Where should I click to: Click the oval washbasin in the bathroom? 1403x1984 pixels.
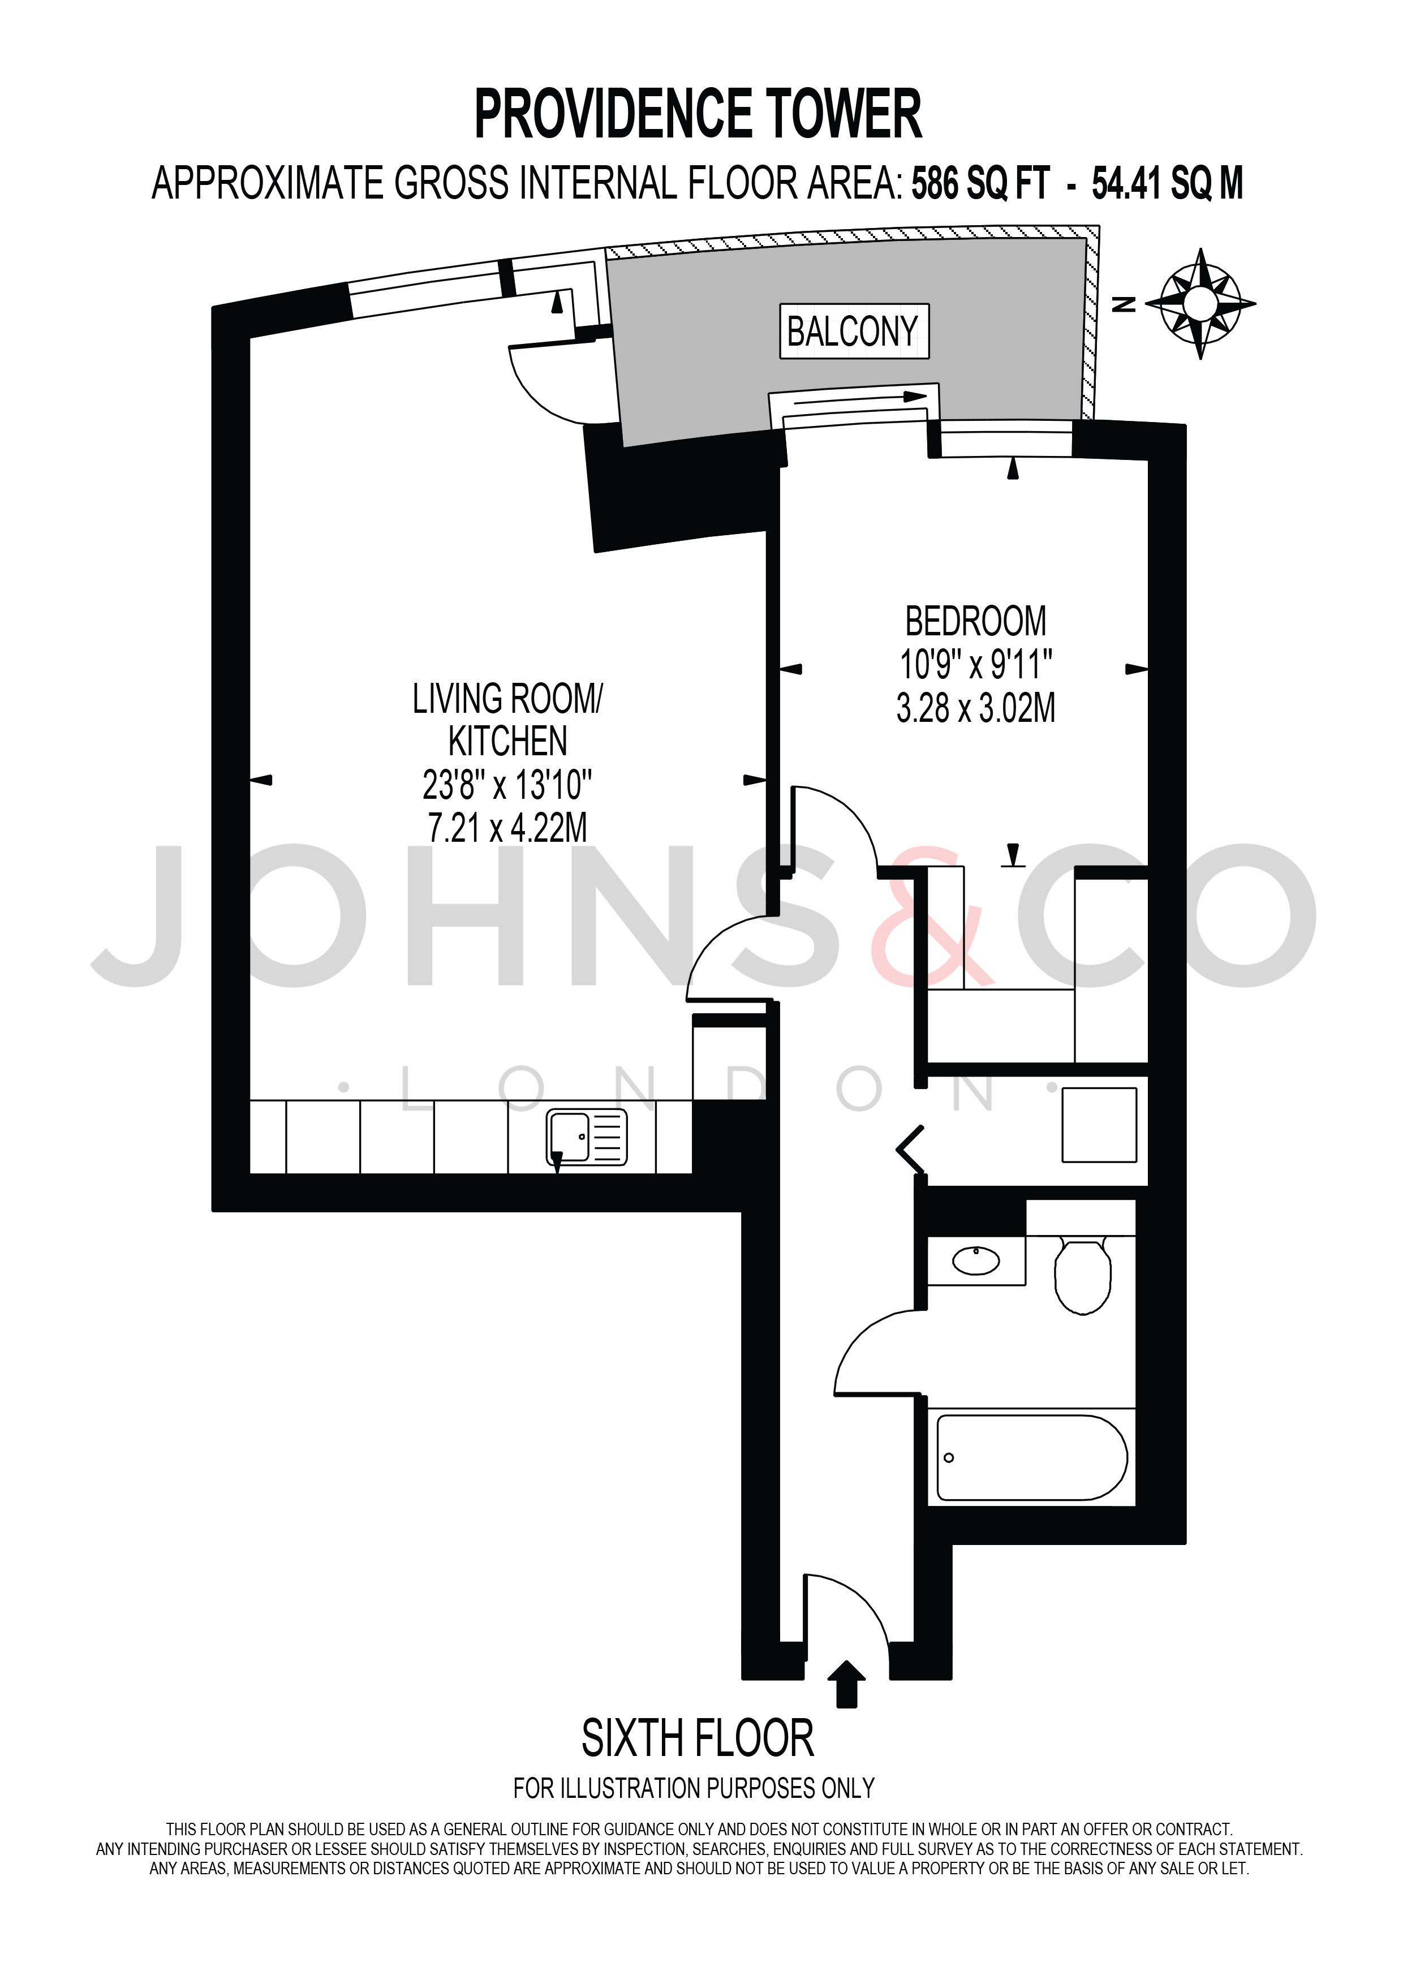(x=976, y=1262)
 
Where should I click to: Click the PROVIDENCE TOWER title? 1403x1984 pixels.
(x=698, y=114)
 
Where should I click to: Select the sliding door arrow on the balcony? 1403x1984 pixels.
(x=859, y=398)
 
